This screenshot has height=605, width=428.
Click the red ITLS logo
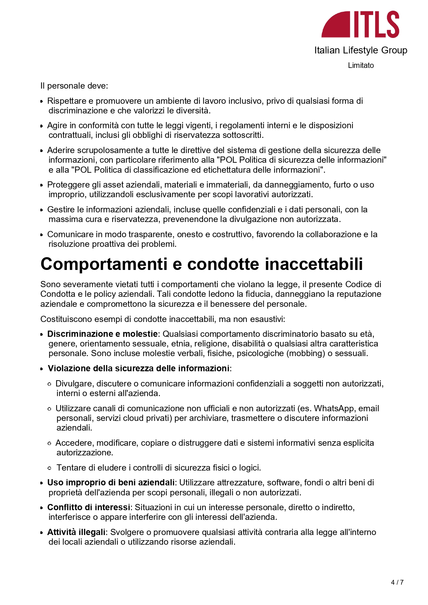(x=360, y=24)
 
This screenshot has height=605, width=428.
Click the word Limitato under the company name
(x=360, y=65)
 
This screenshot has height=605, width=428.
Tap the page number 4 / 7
(x=397, y=582)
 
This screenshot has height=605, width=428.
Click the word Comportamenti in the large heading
(x=104, y=264)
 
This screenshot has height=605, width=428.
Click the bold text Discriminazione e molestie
(x=102, y=334)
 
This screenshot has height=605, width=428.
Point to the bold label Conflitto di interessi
(x=89, y=507)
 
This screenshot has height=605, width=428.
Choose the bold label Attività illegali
(x=76, y=532)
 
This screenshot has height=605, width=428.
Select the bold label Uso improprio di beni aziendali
(x=111, y=482)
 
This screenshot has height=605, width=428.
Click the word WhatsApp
(x=334, y=408)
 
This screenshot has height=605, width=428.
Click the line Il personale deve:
(x=74, y=85)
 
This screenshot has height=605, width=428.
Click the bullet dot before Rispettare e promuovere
(x=42, y=101)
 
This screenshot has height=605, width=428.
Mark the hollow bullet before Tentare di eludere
(x=50, y=468)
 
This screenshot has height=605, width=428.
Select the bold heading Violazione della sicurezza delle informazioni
(x=139, y=368)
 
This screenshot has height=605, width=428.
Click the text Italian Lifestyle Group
(x=360, y=50)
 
